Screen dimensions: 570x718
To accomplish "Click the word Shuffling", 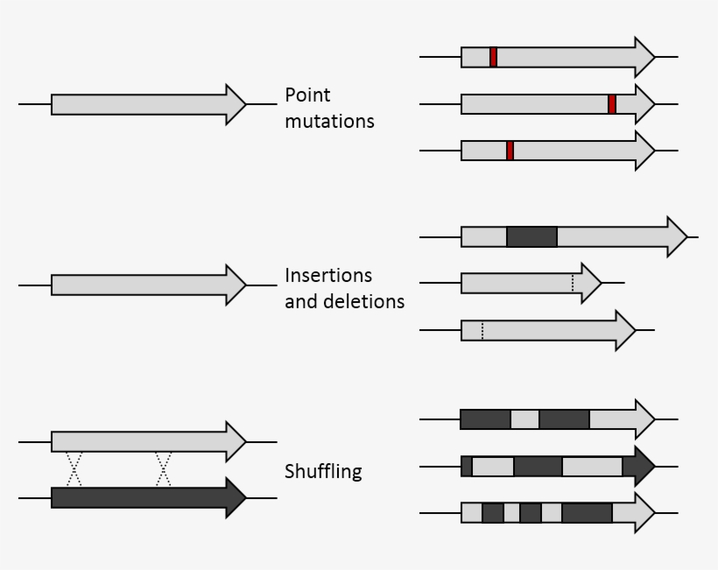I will point(323,472).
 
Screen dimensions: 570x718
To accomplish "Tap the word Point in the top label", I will point(307,95).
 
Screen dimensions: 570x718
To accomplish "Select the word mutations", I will point(329,122).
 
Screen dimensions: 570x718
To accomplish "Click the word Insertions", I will point(328,276).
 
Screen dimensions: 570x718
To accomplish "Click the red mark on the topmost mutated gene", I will point(493,57).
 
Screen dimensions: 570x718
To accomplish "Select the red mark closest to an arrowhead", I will point(612,104).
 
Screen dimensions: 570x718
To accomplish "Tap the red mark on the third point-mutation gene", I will point(510,151).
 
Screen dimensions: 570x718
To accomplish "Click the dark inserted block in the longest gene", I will point(531,236).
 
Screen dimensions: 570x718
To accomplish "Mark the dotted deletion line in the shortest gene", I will point(572,283).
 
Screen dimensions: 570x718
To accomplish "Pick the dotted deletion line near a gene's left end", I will point(482,330).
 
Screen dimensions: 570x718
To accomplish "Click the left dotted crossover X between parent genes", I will point(74,468).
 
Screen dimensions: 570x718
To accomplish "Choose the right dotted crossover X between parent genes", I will point(163,468).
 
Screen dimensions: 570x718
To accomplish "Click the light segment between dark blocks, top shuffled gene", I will point(524,419).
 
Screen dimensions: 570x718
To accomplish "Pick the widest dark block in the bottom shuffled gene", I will point(587,512).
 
